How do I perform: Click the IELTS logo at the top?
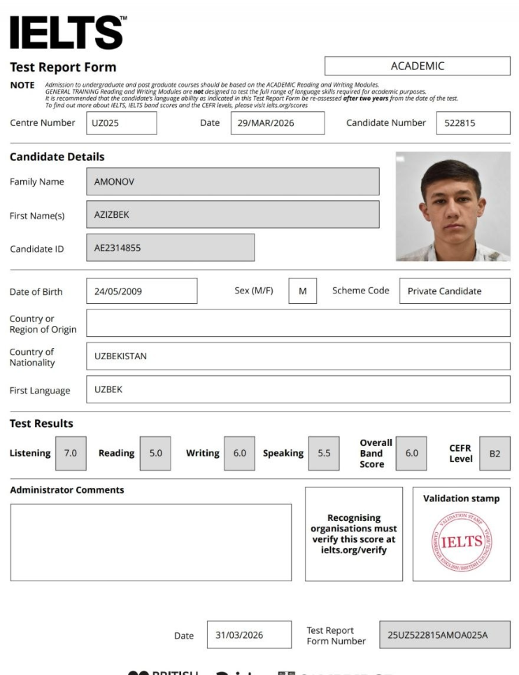tap(67, 33)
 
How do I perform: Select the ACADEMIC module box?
tap(417, 66)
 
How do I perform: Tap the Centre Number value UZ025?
tap(122, 123)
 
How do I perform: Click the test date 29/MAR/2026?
tap(277, 123)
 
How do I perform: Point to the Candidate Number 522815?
tap(473, 123)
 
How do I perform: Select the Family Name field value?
tap(232, 181)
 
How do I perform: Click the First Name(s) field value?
tap(232, 215)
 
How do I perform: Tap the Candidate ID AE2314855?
tap(170, 248)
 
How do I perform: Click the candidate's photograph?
tap(453, 207)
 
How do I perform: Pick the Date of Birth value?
tap(141, 291)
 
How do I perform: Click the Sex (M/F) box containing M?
tap(302, 291)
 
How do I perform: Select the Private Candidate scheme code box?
tap(454, 291)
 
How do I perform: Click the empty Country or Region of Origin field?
tap(298, 323)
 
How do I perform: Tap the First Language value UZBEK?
tap(298, 389)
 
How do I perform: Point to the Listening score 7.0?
tap(71, 453)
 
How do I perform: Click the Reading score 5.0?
tap(155, 453)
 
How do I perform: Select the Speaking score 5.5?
tap(324, 453)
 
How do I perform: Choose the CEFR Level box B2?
tap(495, 453)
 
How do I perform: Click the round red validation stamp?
tap(462, 541)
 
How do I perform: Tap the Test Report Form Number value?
tap(444, 635)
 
